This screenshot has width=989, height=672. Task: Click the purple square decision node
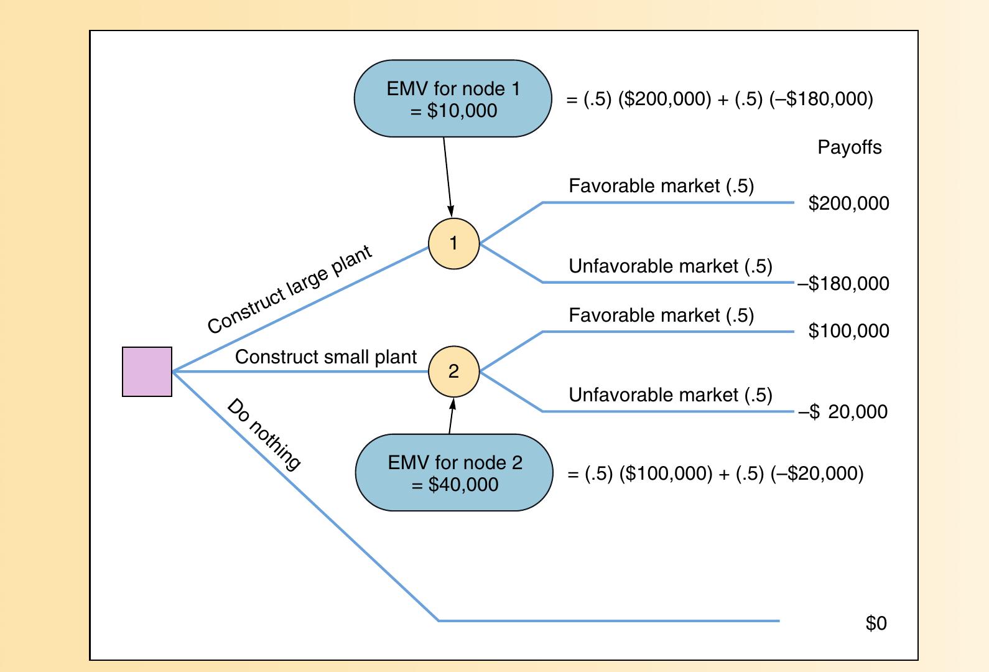point(147,371)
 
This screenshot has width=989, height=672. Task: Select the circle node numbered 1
point(454,243)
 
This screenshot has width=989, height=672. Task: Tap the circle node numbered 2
point(454,371)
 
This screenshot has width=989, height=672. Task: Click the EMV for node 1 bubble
point(453,99)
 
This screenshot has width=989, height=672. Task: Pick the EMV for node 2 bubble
point(454,473)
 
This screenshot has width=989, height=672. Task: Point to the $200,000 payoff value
point(848,203)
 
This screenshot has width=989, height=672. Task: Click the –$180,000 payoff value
point(844,284)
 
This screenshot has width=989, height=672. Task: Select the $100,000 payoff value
point(848,331)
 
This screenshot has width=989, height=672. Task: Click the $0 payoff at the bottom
point(876,623)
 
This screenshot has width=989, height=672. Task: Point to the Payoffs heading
point(849,147)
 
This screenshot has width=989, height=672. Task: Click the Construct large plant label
point(290,289)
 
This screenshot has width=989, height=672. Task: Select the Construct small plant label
point(325,357)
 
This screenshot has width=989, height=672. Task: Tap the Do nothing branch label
point(264,434)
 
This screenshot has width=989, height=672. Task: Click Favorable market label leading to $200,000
point(661,186)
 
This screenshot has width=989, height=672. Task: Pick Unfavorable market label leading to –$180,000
point(670,266)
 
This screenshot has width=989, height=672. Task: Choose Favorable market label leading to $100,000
point(661,315)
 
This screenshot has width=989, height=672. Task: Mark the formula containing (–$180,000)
point(720,100)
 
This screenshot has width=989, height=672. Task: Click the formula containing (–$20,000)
point(715,474)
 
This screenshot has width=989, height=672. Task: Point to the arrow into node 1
point(448,177)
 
